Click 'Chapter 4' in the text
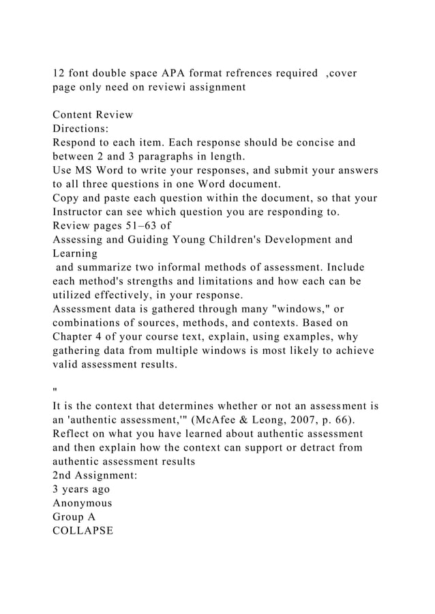(x=78, y=336)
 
